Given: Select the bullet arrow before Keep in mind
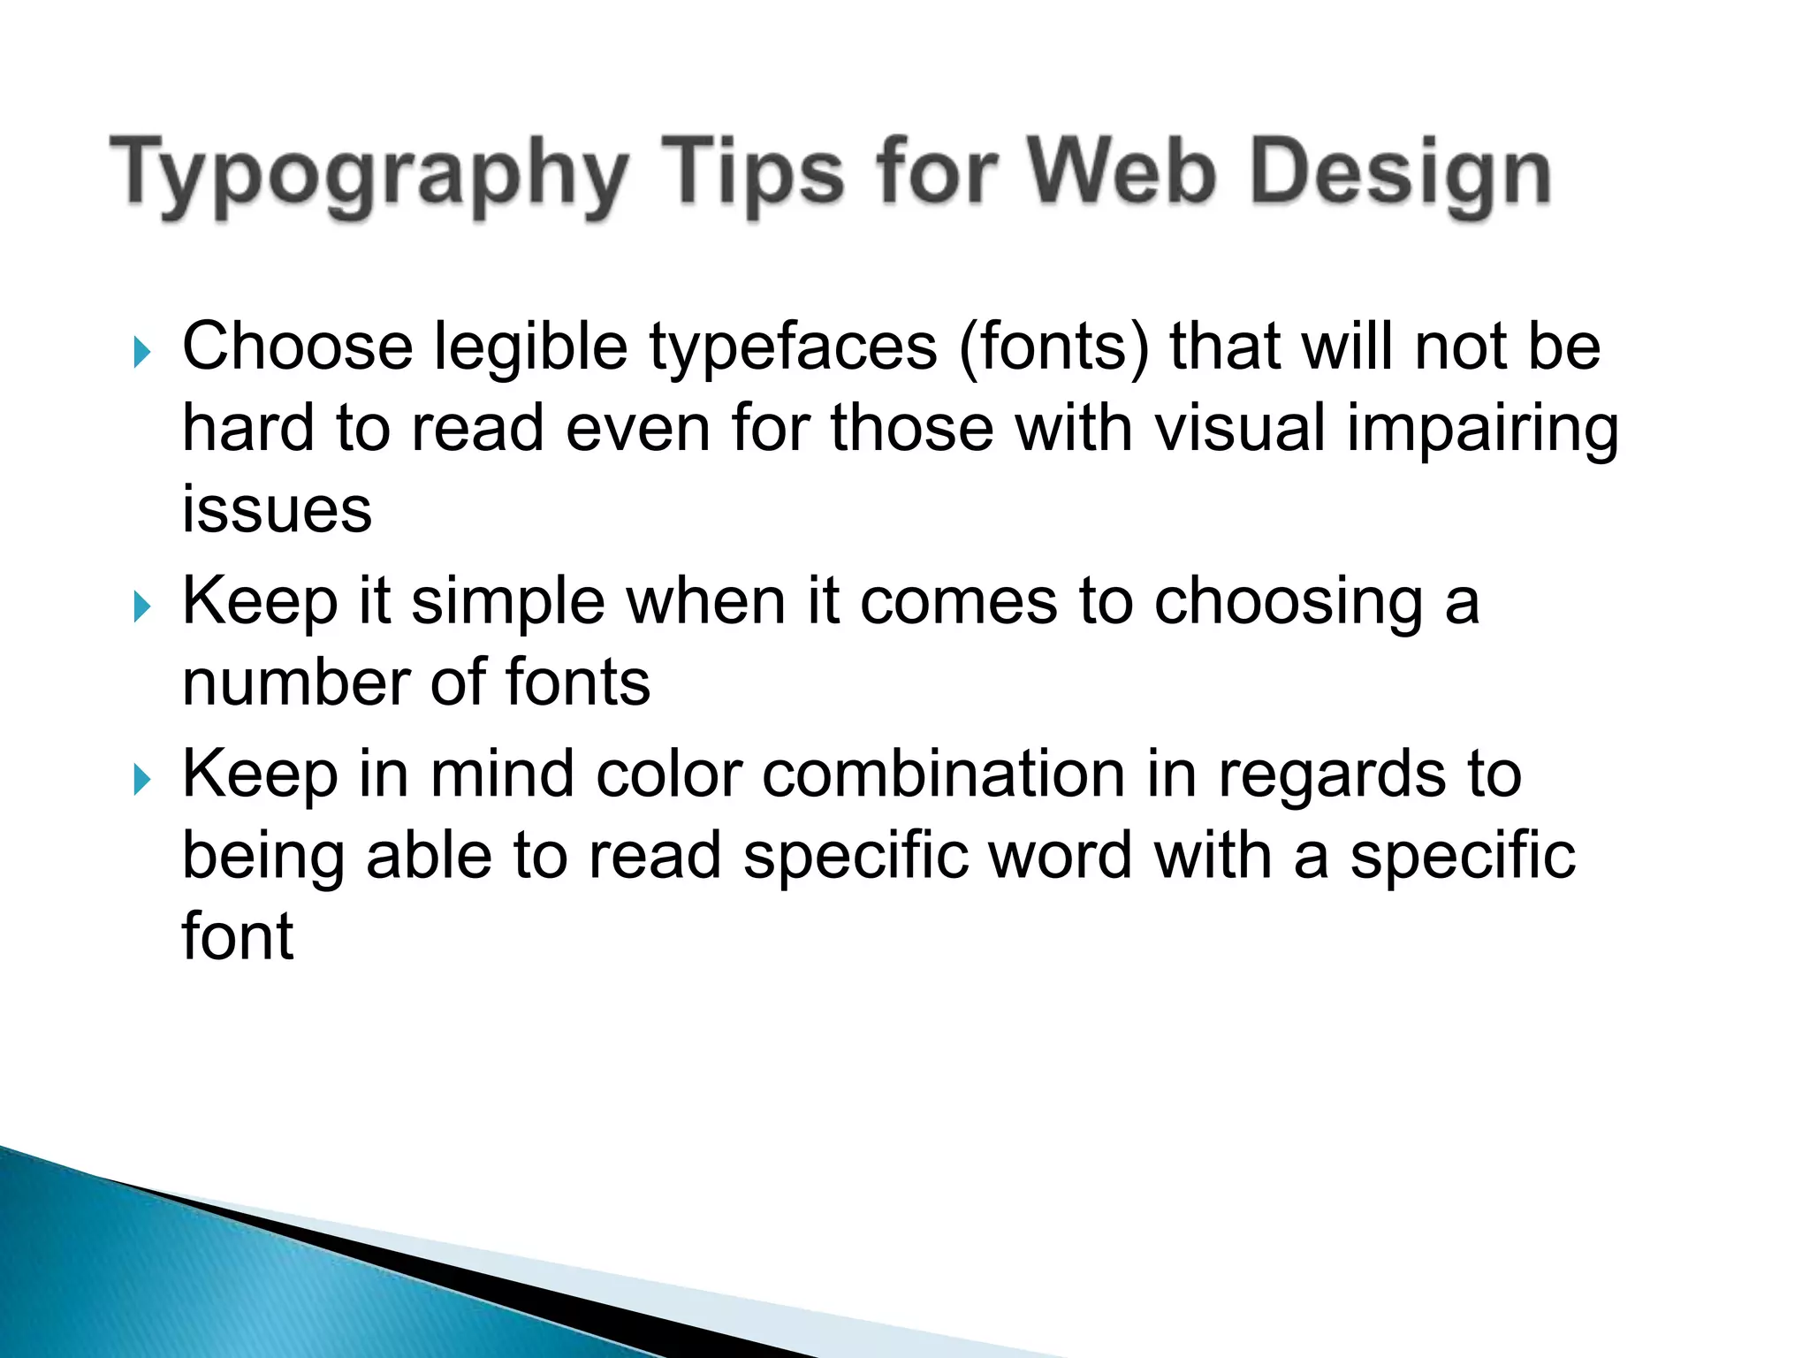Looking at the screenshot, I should [x=141, y=780].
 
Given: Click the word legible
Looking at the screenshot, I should [x=530, y=348].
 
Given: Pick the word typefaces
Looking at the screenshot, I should [x=793, y=348].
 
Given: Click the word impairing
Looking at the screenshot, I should [x=1483, y=430].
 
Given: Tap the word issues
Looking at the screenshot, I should [x=277, y=510].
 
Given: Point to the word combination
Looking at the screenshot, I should [x=944, y=774].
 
